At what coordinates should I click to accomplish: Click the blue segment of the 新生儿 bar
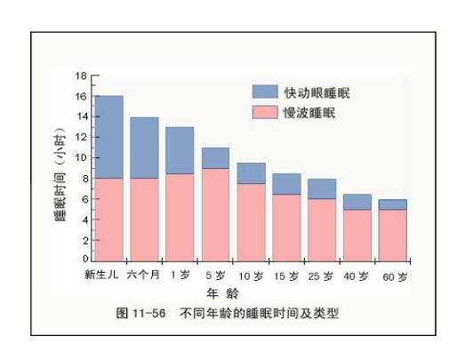coord(109,137)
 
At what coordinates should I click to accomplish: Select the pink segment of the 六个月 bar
coord(144,220)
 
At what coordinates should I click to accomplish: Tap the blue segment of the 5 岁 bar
coord(215,158)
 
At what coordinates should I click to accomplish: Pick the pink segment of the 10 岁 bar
coord(252,222)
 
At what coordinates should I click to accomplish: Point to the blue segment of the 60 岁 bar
coord(393,204)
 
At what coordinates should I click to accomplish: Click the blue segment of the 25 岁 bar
coord(322,189)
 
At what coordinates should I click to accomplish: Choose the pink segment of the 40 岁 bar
coord(357,236)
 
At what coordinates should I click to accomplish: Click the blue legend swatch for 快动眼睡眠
coord(265,92)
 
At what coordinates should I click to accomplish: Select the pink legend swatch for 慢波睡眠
coord(265,112)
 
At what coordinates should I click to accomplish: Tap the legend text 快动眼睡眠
coord(317,92)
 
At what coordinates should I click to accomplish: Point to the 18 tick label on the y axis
coord(81,76)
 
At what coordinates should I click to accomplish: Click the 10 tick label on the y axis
coord(81,157)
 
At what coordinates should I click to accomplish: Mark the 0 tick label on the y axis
coord(85,259)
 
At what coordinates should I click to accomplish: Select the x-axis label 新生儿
coord(101,275)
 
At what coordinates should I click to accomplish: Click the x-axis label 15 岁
coord(286,276)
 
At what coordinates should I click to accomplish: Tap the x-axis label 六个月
coord(143,275)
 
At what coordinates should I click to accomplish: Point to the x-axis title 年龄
coord(222,293)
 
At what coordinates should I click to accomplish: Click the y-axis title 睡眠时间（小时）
coord(60,174)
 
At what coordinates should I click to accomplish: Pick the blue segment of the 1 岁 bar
coord(180,150)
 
